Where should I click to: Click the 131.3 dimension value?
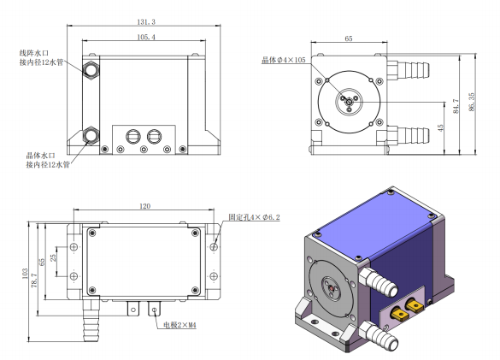pos(146,21)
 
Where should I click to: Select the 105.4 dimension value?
pos(146,37)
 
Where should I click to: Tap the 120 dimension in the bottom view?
pos(144,206)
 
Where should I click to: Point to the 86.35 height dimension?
pos(472,102)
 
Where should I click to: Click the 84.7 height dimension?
pos(456,106)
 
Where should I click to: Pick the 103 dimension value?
pos(25,274)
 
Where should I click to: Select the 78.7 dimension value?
pos(34,280)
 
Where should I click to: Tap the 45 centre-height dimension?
pos(440,128)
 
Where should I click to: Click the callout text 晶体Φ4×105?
pos(284,60)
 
